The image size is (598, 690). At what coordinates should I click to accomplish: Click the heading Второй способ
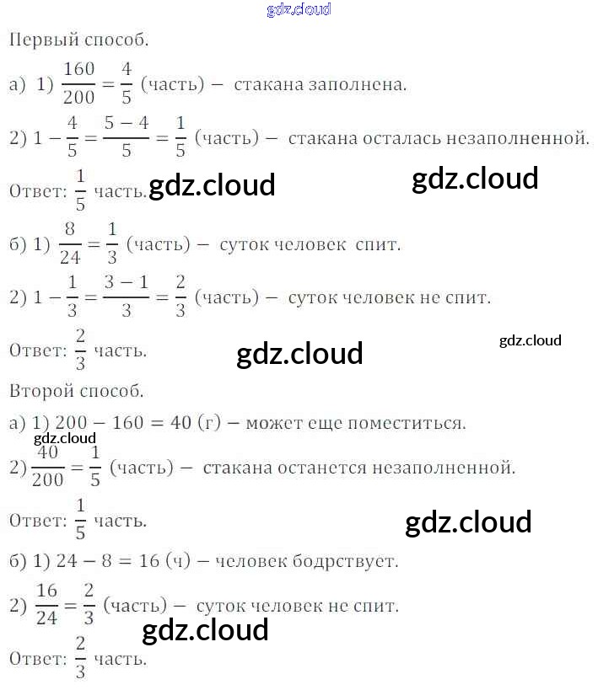click(76, 391)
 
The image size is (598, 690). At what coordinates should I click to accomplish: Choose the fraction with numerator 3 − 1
click(127, 297)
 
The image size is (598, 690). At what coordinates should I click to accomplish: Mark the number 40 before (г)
click(180, 423)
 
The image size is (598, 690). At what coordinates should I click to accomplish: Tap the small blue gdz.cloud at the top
click(298, 9)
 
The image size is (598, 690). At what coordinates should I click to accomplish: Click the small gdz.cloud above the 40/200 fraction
click(65, 438)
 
